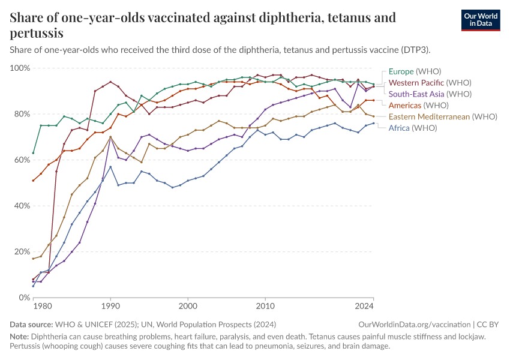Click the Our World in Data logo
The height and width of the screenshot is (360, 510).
[481, 20]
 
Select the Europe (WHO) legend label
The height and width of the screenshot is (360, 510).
[415, 71]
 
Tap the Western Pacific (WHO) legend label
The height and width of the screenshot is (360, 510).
[430, 83]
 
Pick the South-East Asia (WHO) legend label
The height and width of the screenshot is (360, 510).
[430, 94]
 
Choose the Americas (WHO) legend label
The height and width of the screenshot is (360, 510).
[419, 106]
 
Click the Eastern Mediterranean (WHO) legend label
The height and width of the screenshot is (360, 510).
[443, 117]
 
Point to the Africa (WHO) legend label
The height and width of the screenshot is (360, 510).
[413, 128]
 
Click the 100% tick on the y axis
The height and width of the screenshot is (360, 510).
[20, 68]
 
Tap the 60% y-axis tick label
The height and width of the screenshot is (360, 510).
[22, 160]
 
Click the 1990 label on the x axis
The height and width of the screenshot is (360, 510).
[110, 307]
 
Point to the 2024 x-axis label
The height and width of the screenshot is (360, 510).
[364, 307]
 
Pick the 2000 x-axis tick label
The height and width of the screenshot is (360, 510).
[188, 307]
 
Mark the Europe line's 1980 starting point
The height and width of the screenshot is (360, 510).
[33, 153]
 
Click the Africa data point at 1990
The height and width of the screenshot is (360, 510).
[110, 167]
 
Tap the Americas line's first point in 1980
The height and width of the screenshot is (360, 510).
[33, 181]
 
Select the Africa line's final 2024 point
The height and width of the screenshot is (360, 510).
[373, 123]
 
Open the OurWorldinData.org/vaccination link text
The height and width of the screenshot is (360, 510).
[415, 325]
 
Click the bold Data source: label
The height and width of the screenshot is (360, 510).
[31, 325]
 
